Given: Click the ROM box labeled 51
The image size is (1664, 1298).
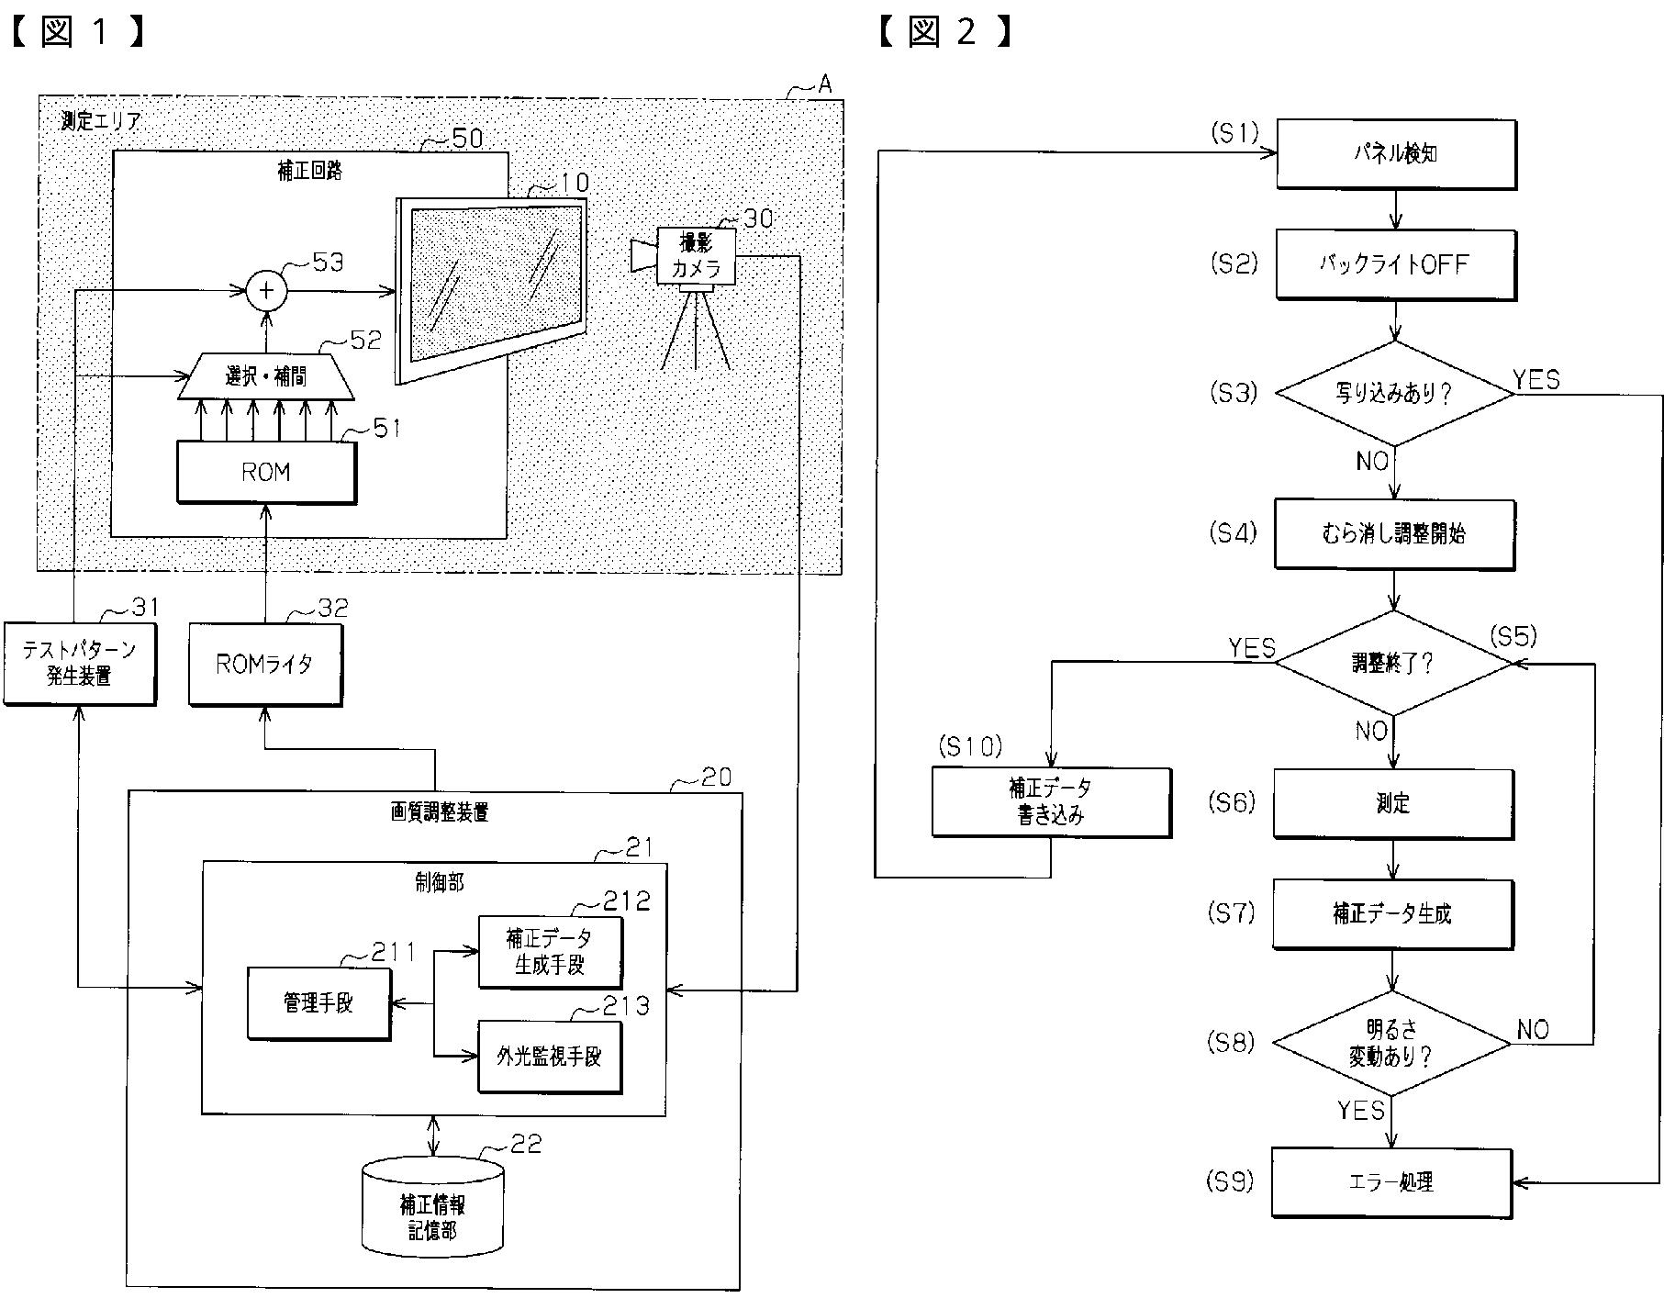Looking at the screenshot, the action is tap(266, 473).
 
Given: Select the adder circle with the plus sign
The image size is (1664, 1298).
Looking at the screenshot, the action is tap(266, 291).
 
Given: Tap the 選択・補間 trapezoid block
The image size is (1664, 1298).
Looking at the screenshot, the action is tap(265, 376).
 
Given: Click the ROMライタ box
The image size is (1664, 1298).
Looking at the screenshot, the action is tap(265, 665).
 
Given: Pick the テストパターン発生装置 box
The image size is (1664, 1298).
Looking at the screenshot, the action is tap(80, 664).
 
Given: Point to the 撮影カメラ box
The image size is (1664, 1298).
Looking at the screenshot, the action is tap(696, 256).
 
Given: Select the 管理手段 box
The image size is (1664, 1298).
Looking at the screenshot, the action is tap(318, 1002).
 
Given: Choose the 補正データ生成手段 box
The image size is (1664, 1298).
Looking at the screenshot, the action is tap(550, 952).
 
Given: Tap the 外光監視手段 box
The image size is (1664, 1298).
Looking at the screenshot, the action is tap(550, 1057).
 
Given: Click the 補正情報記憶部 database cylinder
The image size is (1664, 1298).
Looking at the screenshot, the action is tap(433, 1206).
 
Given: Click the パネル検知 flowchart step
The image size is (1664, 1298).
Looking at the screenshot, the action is tap(1396, 155).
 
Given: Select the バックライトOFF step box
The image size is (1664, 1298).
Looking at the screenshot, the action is tap(1396, 265).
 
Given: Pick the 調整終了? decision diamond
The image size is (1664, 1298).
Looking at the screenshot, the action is tap(1394, 663).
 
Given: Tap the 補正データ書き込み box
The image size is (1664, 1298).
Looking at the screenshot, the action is tap(1051, 802).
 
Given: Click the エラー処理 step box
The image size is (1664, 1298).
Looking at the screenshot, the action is tap(1391, 1183).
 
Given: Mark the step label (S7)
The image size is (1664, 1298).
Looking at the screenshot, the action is tap(1232, 913).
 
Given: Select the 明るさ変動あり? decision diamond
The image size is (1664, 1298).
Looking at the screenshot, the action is tap(1391, 1044).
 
